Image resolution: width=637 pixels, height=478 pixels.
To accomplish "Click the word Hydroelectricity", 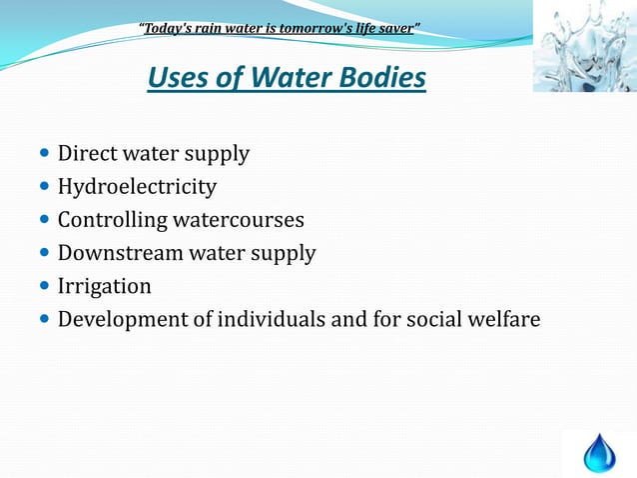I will (x=137, y=187).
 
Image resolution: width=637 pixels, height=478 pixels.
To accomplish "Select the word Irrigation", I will (x=105, y=286).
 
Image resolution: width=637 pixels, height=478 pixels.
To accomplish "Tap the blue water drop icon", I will (x=600, y=452).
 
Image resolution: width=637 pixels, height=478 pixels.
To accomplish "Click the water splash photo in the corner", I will (x=584, y=46).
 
